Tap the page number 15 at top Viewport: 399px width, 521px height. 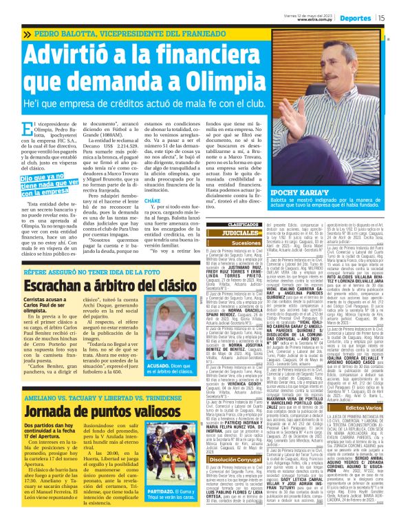[380, 19]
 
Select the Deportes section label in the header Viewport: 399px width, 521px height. [352, 19]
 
